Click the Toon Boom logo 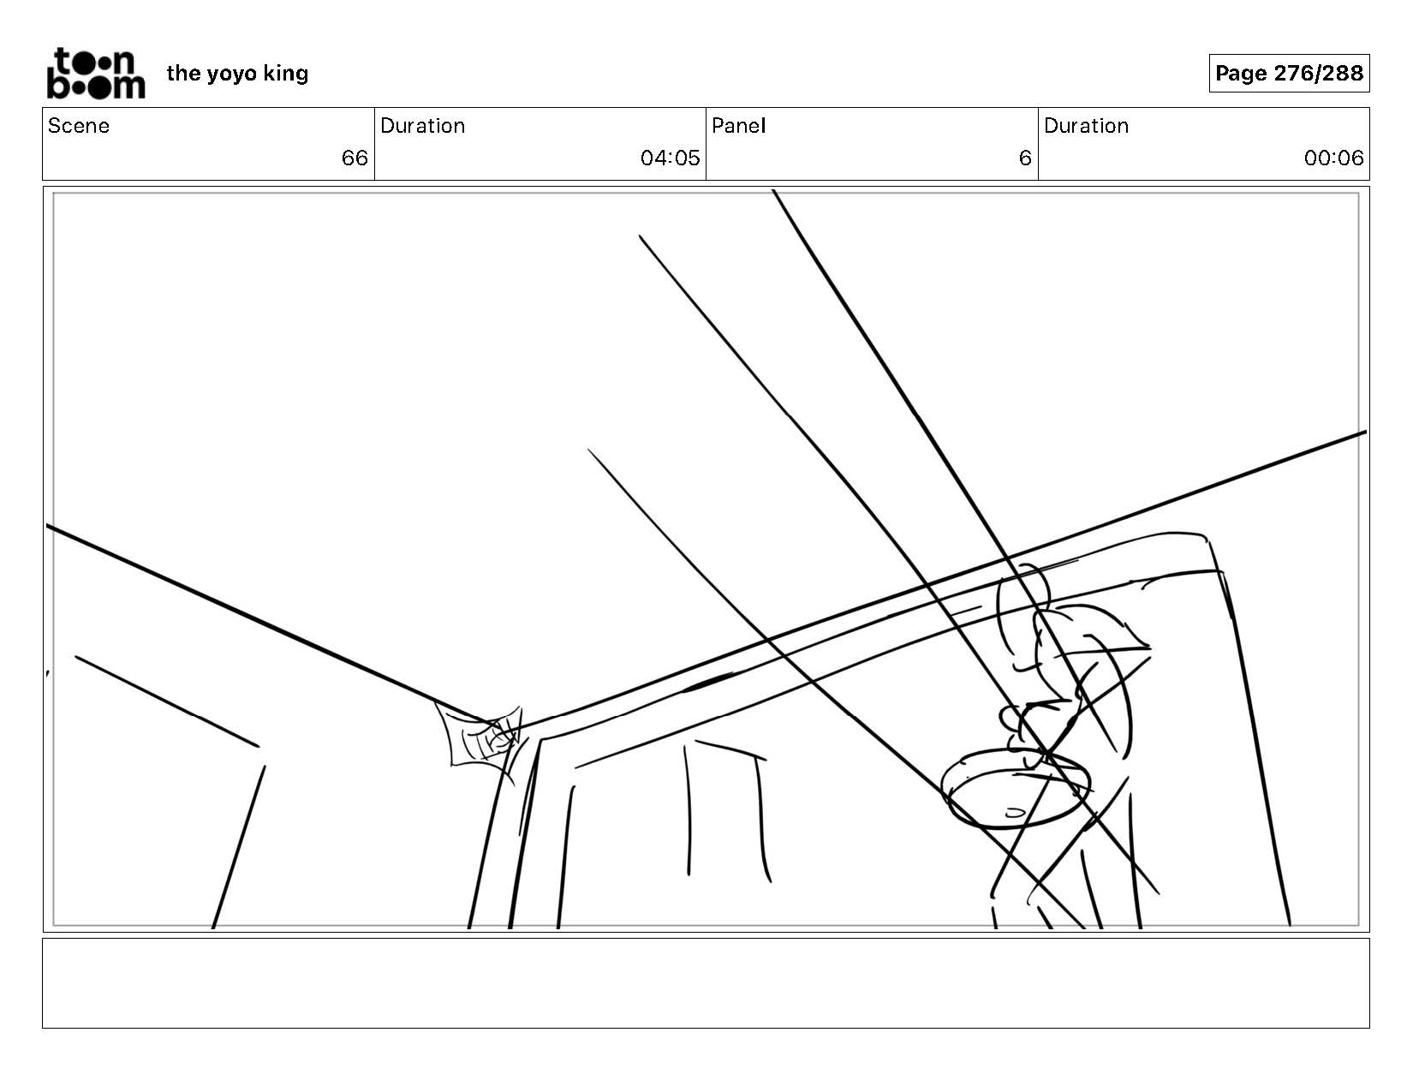(95, 74)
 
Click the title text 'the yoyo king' (237, 74)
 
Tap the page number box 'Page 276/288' (1288, 74)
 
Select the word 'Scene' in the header (79, 126)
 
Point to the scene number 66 (354, 158)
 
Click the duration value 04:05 (670, 158)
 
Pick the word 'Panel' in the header (738, 126)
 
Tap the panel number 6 (1024, 158)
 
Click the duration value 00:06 (1333, 158)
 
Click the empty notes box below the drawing (706, 982)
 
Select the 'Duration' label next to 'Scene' (422, 126)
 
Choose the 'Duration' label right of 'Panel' (1086, 126)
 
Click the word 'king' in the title (286, 74)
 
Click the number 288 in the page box (1343, 74)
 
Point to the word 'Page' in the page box (1241, 74)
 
